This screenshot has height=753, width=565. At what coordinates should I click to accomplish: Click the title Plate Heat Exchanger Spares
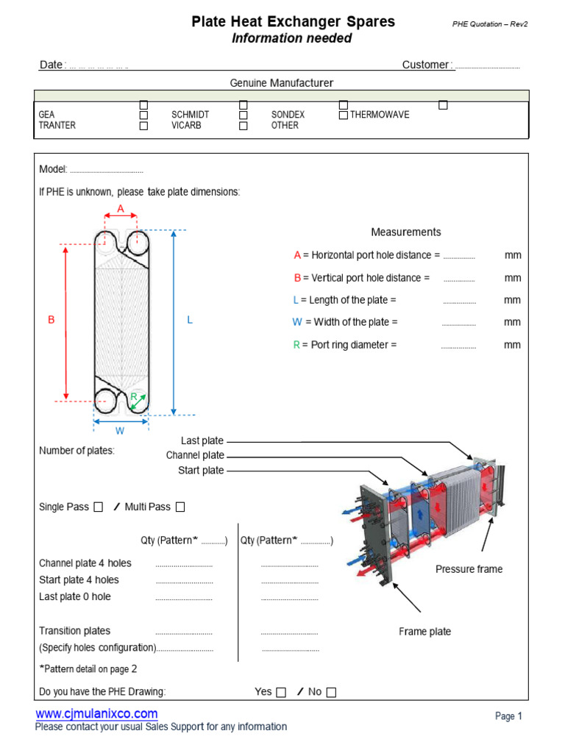click(x=293, y=22)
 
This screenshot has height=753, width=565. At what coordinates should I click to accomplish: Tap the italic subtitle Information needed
click(x=292, y=38)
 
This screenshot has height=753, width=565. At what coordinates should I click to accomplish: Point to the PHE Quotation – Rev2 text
click(x=490, y=24)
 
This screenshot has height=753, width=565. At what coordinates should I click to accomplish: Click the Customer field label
click(x=427, y=65)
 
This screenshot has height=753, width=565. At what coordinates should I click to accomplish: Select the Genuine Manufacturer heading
click(x=282, y=83)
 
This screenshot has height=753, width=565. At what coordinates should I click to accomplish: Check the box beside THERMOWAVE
click(x=344, y=115)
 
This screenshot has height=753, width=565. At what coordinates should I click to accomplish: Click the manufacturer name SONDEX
click(x=288, y=115)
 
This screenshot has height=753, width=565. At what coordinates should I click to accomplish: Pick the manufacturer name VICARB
click(x=187, y=125)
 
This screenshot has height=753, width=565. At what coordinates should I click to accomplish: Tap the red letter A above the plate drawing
click(x=121, y=209)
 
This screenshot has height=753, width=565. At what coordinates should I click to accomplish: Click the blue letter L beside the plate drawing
click(x=190, y=320)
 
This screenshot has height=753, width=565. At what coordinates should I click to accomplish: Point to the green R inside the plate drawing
click(x=133, y=397)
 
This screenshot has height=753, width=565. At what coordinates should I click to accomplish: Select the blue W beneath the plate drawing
click(x=120, y=430)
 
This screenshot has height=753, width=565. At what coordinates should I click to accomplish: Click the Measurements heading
click(x=406, y=232)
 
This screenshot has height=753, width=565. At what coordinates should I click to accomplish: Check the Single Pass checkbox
click(x=99, y=507)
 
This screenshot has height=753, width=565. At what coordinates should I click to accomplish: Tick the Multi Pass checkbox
click(x=180, y=507)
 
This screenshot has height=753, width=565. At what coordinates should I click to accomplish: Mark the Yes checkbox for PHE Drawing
click(x=281, y=692)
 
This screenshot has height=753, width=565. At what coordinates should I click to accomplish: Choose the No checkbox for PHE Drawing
click(x=331, y=692)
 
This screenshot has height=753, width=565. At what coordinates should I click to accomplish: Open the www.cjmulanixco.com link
click(x=96, y=713)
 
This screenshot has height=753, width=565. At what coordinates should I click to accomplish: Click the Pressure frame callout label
click(x=469, y=569)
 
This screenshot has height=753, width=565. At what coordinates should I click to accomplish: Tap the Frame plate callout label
click(x=424, y=632)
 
